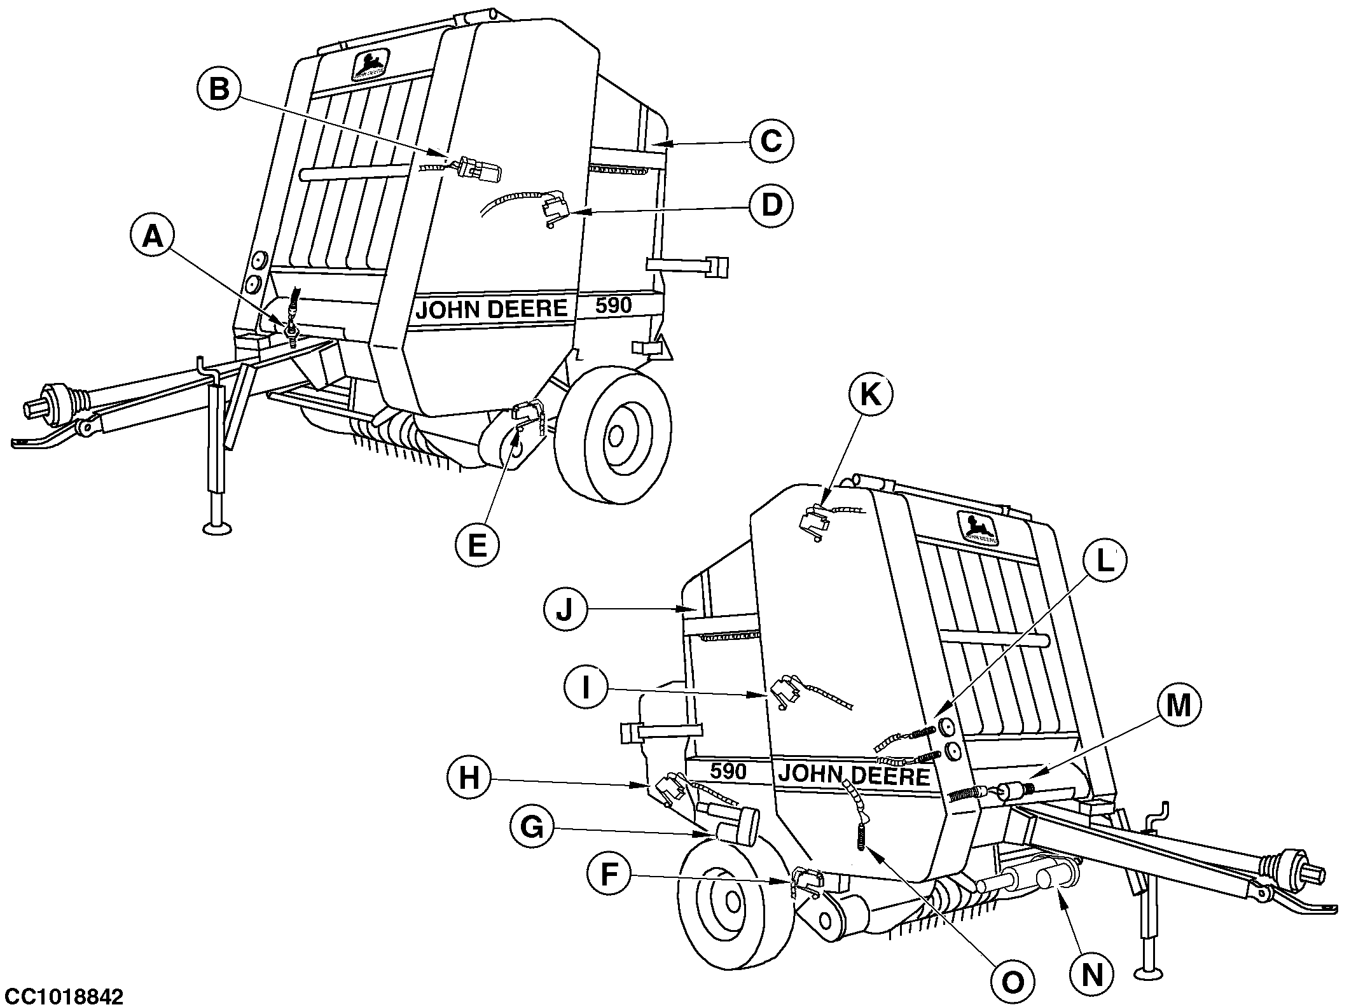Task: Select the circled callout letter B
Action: [x=219, y=90]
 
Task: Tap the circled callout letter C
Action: [x=770, y=142]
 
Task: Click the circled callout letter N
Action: [x=1092, y=975]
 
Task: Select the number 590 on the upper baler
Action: [x=613, y=306]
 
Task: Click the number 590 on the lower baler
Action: [x=728, y=771]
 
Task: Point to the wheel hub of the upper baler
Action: [x=615, y=436]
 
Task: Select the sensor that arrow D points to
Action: [x=555, y=209]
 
